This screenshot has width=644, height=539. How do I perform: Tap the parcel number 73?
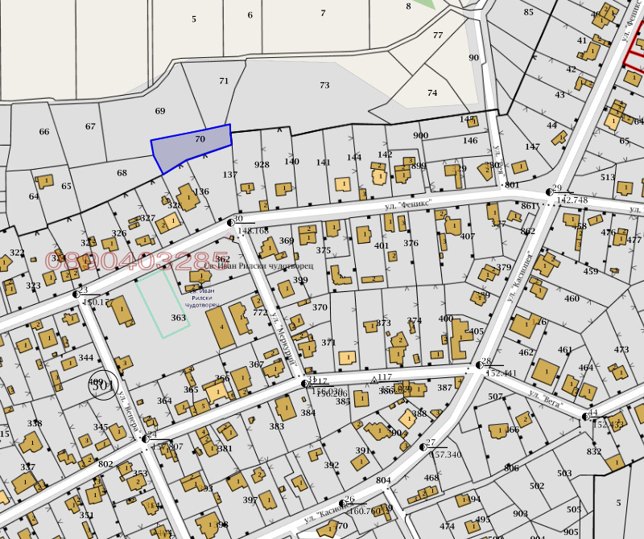(324, 85)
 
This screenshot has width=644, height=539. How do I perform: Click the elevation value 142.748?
(572, 200)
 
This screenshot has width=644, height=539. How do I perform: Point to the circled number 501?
(103, 385)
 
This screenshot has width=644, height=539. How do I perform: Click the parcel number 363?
(179, 318)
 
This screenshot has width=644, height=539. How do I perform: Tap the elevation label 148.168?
(253, 231)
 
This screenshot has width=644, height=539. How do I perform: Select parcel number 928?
(262, 164)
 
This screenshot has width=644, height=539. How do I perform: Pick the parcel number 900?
(420, 135)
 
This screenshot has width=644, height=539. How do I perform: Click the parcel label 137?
(230, 175)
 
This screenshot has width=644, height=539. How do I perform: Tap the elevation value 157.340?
(446, 455)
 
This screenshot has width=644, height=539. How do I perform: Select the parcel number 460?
(572, 298)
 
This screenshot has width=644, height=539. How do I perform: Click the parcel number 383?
(277, 426)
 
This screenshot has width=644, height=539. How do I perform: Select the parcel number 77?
(438, 35)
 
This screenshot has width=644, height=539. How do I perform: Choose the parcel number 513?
(607, 178)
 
